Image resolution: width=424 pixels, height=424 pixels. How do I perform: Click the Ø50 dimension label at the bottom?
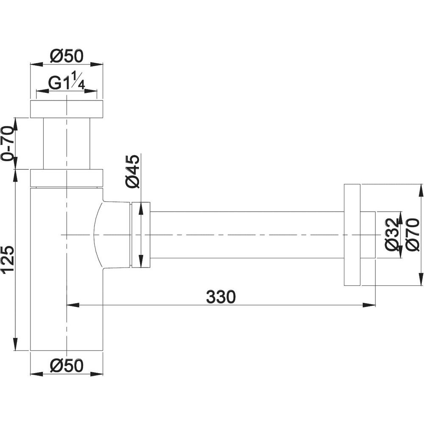67,365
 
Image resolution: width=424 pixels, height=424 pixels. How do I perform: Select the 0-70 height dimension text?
7,143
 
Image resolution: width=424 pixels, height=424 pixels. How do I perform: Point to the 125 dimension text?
7,259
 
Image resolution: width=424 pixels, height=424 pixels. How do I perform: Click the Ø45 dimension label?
132,171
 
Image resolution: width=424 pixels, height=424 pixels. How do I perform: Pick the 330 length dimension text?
221,297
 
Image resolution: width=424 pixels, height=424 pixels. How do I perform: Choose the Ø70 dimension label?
413,235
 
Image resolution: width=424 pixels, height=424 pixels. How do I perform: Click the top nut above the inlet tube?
67,109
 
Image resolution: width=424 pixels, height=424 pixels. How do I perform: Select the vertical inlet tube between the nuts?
67,144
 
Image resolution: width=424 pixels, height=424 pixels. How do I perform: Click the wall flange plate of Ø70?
352,235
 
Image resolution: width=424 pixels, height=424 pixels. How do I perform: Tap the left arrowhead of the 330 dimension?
73,305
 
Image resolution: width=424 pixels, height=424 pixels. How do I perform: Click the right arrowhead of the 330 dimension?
369,305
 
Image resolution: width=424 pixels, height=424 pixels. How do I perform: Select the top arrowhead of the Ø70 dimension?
421,191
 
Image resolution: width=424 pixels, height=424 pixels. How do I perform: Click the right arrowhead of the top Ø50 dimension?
97,64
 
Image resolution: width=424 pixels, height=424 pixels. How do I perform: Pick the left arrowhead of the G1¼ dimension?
42,91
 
